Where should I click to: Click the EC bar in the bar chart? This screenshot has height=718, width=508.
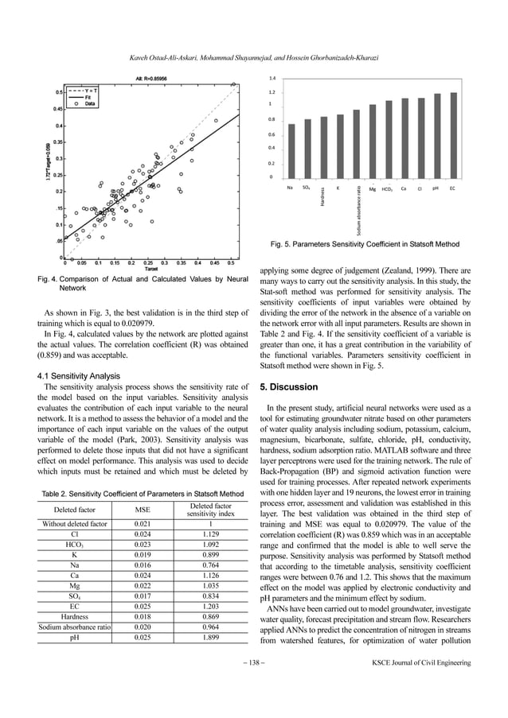click(453, 136)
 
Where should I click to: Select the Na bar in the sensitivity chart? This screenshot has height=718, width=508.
click(291, 151)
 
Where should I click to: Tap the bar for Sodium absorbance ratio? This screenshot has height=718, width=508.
click(356, 144)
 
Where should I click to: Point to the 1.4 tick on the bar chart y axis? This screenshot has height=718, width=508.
click(272, 79)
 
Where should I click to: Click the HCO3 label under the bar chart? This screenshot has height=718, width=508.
click(388, 188)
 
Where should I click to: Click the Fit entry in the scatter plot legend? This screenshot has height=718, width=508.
click(88, 97)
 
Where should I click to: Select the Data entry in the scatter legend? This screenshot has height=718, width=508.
click(90, 103)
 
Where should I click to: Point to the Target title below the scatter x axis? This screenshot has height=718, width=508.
click(149, 269)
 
